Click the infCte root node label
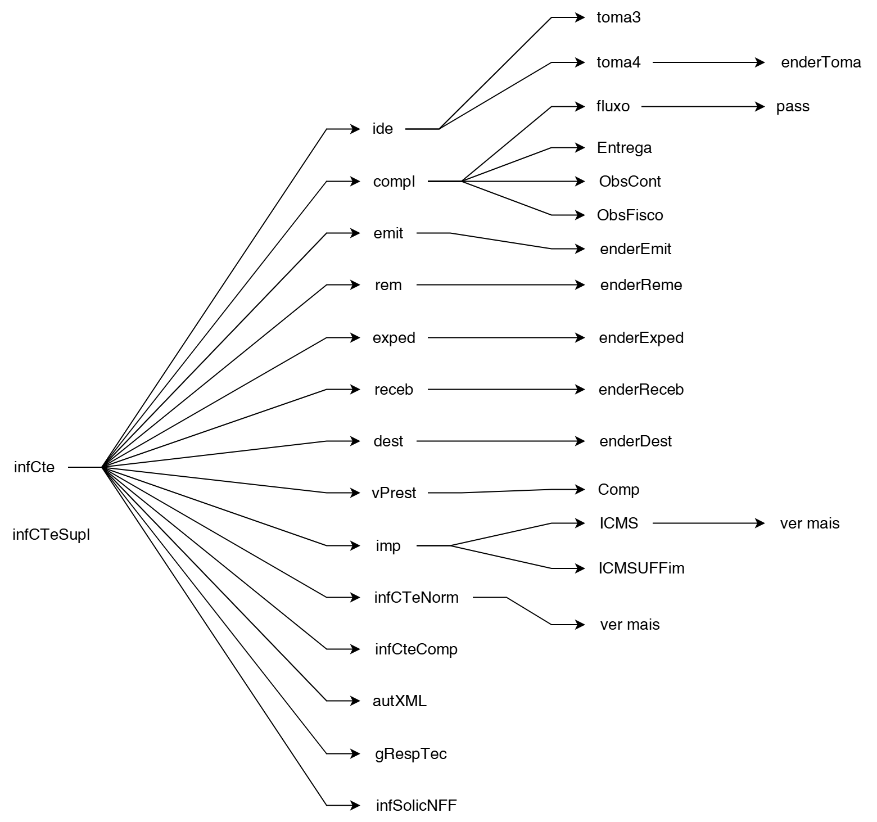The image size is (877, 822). [x=34, y=467]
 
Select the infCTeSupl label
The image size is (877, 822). [x=51, y=535]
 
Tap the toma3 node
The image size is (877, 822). [x=618, y=17]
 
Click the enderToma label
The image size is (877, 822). [x=821, y=62]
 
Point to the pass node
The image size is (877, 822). [x=793, y=106]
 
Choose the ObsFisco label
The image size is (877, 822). [x=630, y=215]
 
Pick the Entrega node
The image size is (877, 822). [x=624, y=148]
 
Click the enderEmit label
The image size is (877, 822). [x=635, y=249]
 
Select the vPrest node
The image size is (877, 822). [x=394, y=493]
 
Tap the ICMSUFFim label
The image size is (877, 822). [x=641, y=568]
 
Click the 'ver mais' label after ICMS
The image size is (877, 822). [x=810, y=523]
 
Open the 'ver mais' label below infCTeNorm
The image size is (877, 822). [x=630, y=625]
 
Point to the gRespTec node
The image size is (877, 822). [x=411, y=754]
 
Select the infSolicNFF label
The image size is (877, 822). [x=416, y=806]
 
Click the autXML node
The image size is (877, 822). [x=400, y=701]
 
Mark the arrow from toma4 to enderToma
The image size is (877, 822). [x=708, y=62]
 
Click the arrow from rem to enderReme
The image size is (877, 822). [x=500, y=285]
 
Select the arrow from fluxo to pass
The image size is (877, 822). [x=703, y=106]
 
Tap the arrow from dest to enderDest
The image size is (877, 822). [x=500, y=441]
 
